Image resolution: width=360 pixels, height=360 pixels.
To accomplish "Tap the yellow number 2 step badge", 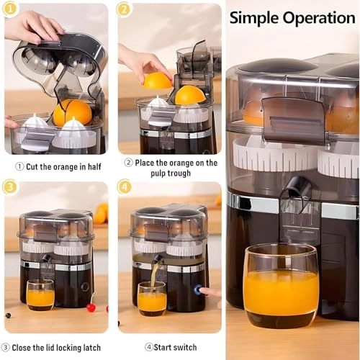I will point(125,10).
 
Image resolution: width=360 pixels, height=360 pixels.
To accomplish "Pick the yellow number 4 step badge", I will point(125,188).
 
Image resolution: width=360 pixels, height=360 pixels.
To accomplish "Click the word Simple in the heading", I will point(255,18).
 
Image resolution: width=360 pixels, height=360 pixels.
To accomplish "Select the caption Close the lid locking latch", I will point(56,348).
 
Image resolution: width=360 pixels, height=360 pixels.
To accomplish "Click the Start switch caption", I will point(170,348).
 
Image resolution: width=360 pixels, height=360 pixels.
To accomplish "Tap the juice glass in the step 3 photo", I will point(40,295).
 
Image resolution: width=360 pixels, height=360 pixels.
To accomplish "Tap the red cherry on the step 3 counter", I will point(91,308).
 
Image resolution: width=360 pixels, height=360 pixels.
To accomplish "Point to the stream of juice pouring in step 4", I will point(153,275).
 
